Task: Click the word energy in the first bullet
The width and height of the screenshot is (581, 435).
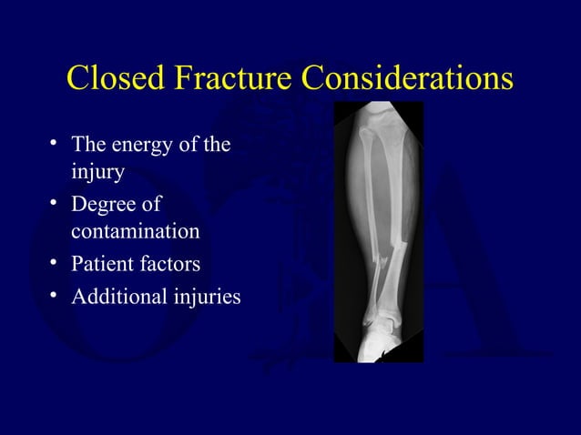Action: (146, 145)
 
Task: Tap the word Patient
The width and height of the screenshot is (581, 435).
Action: (101, 264)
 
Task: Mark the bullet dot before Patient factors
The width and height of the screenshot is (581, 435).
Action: (56, 265)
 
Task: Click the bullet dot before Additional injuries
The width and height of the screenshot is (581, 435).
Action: (56, 297)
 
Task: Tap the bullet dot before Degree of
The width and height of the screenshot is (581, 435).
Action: (56, 204)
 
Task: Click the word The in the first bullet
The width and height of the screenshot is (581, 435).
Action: (89, 145)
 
